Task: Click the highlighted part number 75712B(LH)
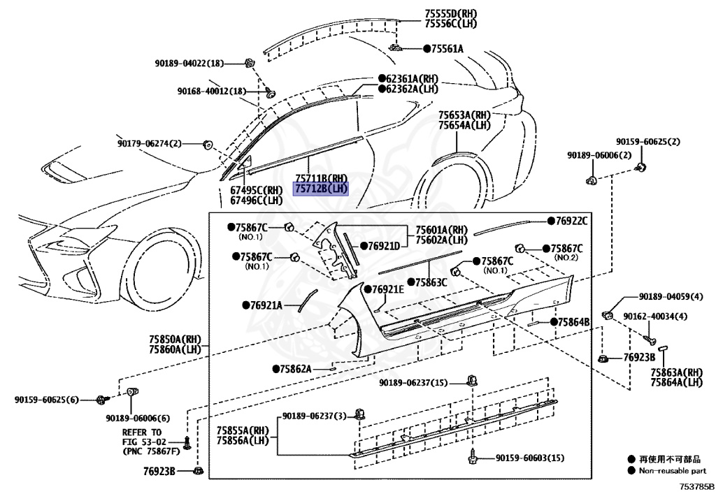[320, 189]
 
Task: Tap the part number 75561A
[447, 48]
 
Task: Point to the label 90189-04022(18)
[189, 64]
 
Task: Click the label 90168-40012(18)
[211, 92]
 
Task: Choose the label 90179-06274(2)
[149, 144]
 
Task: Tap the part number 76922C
[571, 221]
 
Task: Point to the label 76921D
[384, 246]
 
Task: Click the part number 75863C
[431, 282]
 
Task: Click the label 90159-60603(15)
[529, 458]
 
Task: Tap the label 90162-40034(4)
[655, 317]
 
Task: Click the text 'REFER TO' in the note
[141, 433]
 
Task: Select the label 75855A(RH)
[242, 430]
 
